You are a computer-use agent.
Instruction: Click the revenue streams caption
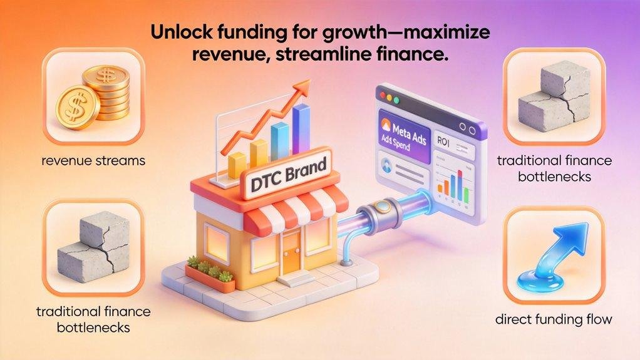click(x=92, y=161)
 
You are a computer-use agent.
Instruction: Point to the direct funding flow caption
click(x=554, y=320)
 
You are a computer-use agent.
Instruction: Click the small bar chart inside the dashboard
click(x=453, y=181)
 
